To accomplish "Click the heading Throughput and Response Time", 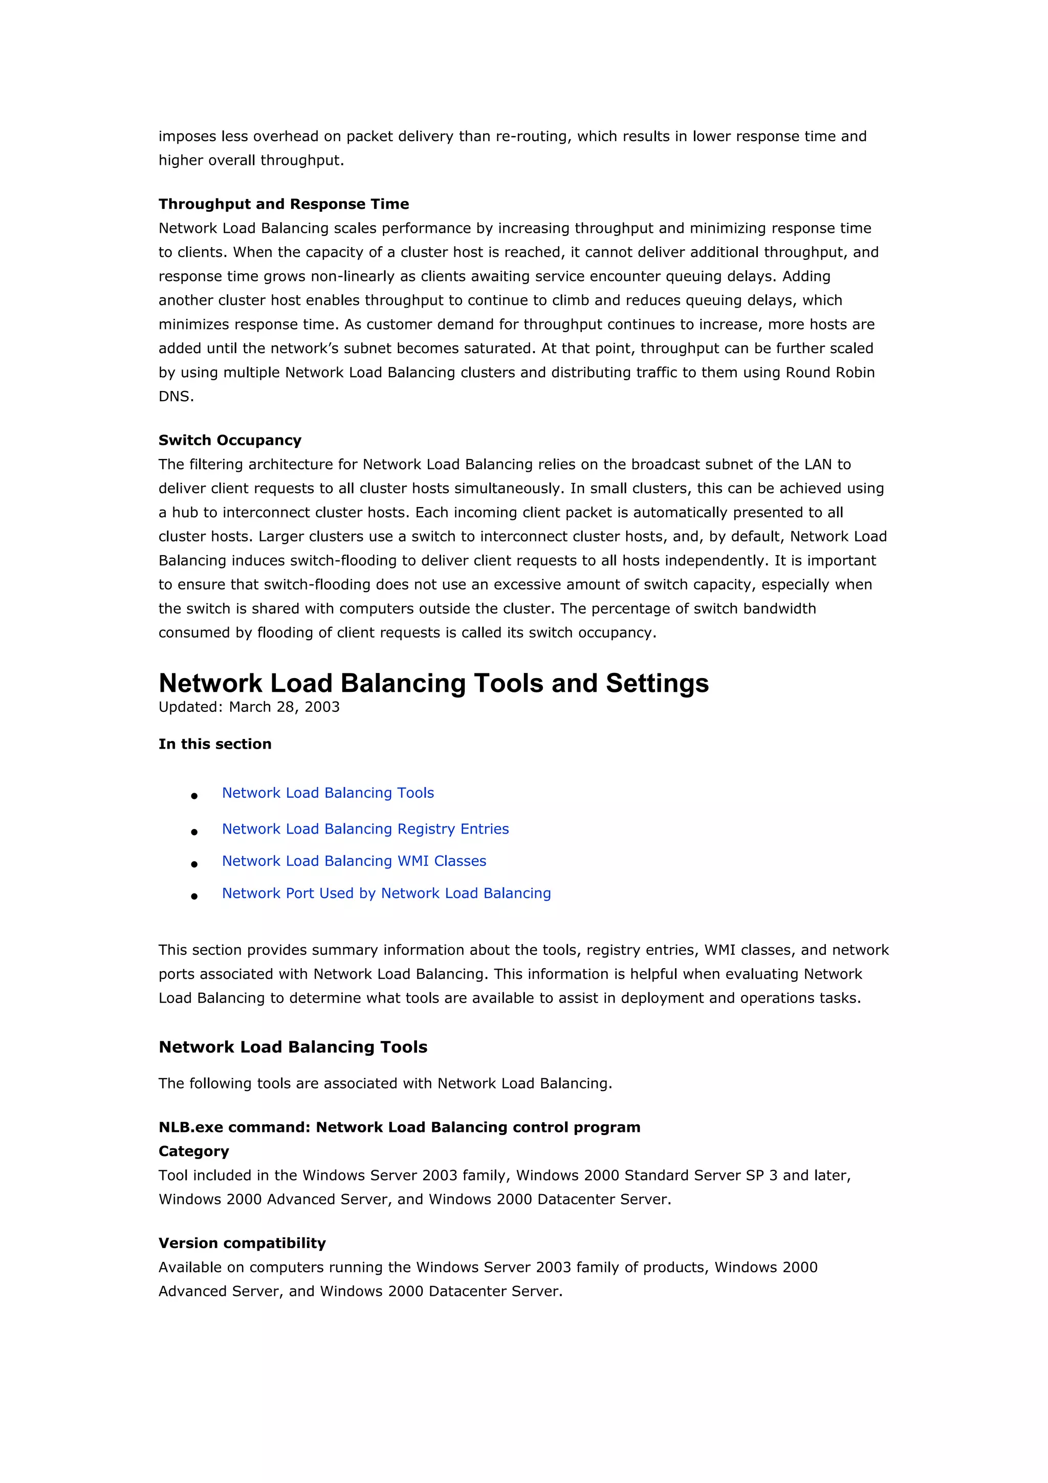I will click(283, 204).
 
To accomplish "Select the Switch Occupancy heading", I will click(230, 441).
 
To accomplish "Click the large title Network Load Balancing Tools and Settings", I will click(433, 683).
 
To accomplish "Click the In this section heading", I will click(215, 744).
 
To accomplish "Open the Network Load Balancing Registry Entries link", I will click(365, 830).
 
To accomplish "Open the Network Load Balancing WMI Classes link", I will click(354, 862).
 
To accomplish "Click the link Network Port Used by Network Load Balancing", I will click(386, 894).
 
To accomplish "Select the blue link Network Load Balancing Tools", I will click(327, 793).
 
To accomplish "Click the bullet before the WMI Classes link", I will click(194, 864).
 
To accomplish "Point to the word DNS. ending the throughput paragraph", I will click(176, 397).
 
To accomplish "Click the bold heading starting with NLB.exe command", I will click(399, 1128).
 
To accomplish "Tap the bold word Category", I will click(194, 1151).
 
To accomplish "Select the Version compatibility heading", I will click(242, 1244).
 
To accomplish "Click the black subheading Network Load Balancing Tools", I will click(293, 1048).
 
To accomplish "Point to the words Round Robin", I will click(829, 373).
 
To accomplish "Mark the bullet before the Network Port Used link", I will click(194, 897).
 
